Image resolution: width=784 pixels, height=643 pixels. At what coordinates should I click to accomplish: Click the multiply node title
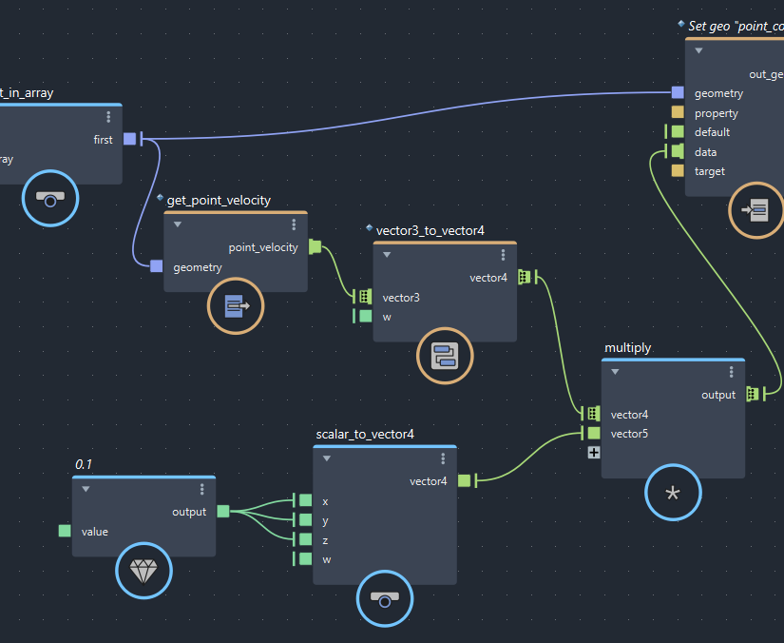click(628, 348)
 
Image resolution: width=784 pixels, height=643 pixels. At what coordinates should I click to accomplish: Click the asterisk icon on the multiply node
click(673, 493)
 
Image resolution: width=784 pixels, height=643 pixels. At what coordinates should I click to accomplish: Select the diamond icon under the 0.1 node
click(144, 571)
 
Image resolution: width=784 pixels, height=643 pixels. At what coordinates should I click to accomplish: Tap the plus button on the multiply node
click(594, 453)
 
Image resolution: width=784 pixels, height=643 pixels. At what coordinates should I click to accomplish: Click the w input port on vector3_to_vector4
click(366, 317)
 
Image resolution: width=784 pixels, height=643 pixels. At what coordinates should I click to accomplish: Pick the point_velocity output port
click(316, 247)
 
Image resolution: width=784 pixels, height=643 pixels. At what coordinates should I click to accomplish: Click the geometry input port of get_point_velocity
click(157, 266)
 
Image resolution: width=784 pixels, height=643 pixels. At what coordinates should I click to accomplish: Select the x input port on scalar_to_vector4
click(305, 500)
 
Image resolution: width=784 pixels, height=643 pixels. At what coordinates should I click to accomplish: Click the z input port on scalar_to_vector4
click(305, 539)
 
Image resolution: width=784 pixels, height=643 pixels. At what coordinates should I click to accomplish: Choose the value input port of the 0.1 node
click(65, 531)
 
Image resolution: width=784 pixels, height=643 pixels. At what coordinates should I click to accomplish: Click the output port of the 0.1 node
click(223, 512)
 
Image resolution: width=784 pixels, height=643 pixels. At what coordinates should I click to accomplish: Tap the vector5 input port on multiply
click(594, 434)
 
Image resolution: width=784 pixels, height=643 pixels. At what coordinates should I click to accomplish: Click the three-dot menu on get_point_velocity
click(294, 225)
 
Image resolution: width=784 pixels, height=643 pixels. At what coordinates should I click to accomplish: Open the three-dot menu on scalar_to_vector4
click(443, 458)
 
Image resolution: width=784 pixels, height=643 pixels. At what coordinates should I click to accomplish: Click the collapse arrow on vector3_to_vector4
click(387, 255)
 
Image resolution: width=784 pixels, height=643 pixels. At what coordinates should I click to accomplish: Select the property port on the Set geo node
click(678, 113)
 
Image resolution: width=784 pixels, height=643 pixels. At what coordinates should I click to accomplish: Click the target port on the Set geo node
click(678, 171)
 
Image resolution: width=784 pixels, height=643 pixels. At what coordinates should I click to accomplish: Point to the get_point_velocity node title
click(219, 201)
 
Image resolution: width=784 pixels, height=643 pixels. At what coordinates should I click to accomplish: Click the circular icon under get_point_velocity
click(236, 306)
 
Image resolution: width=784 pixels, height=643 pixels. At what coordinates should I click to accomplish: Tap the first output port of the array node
click(130, 140)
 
